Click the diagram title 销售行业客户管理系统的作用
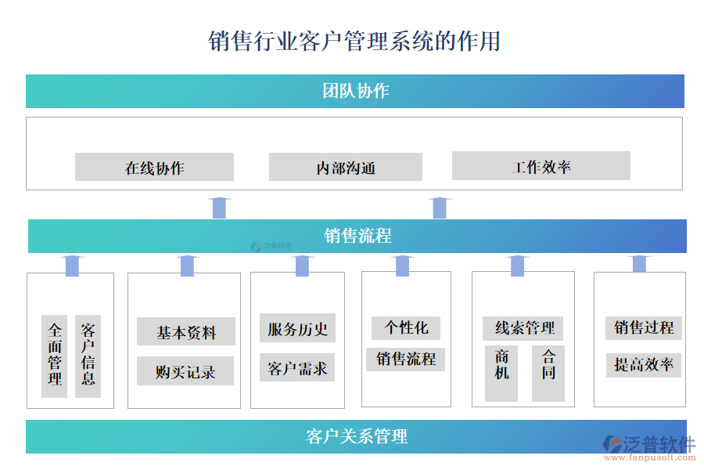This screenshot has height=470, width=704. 354,41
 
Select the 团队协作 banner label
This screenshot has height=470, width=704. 355,91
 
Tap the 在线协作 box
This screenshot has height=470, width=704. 154,167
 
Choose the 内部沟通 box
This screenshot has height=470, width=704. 345,167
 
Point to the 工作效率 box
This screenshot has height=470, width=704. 541,166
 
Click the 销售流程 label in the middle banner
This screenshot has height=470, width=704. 357,236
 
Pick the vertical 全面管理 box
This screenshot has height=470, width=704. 55,356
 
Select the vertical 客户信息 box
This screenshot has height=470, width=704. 88,356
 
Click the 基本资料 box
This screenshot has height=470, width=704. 185,331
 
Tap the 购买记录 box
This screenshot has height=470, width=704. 185,371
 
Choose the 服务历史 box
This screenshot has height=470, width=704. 297,328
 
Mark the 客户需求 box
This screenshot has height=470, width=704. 297,367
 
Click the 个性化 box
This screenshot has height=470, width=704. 406,327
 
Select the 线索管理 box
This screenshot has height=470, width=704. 523,327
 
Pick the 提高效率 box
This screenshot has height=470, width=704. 643,364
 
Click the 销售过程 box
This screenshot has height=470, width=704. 643,327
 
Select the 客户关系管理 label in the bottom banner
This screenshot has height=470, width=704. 357,436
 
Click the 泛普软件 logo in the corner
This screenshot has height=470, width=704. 648,445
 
